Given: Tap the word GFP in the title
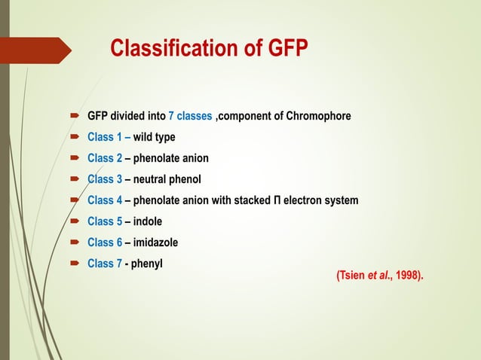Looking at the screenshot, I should click(x=287, y=50).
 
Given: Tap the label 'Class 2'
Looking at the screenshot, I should click(x=105, y=158).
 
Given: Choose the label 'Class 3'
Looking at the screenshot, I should click(x=105, y=179).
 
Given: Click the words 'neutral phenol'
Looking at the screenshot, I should click(x=167, y=179).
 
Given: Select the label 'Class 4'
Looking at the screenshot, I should click(x=105, y=200).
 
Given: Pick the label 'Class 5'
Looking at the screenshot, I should click(x=105, y=221).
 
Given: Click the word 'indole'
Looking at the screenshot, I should click(x=148, y=221).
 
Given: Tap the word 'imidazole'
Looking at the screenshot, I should click(x=156, y=243).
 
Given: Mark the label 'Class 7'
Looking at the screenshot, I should click(x=105, y=264).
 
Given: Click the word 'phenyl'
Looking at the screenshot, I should click(x=147, y=264).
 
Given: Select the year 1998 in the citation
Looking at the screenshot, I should click(x=408, y=276).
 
